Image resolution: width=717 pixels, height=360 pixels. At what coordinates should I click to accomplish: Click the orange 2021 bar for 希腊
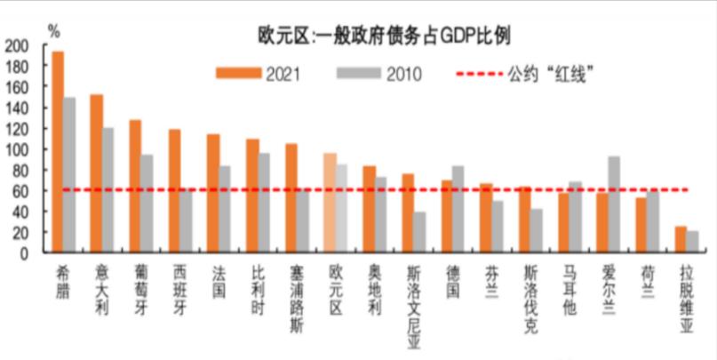tap(58, 151)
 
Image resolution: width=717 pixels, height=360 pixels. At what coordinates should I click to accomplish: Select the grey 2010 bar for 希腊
tap(69, 175)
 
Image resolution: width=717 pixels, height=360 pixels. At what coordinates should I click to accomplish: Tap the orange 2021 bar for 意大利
tap(96, 173)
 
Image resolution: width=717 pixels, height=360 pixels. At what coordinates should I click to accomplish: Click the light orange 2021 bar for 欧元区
tap(330, 203)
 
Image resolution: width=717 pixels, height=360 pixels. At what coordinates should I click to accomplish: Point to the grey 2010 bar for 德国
tap(458, 209)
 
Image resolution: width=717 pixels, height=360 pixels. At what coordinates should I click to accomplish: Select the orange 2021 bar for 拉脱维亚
tap(681, 240)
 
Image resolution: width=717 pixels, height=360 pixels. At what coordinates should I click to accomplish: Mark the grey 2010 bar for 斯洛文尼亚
tap(418, 232)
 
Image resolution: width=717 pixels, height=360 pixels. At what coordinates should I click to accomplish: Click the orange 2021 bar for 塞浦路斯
tap(291, 198)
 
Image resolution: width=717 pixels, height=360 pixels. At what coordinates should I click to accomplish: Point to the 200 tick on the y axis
tap(17, 45)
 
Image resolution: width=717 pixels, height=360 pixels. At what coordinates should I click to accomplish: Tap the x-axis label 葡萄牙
tap(135, 282)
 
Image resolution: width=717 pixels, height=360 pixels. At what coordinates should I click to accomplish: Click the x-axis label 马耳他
tap(570, 282)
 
